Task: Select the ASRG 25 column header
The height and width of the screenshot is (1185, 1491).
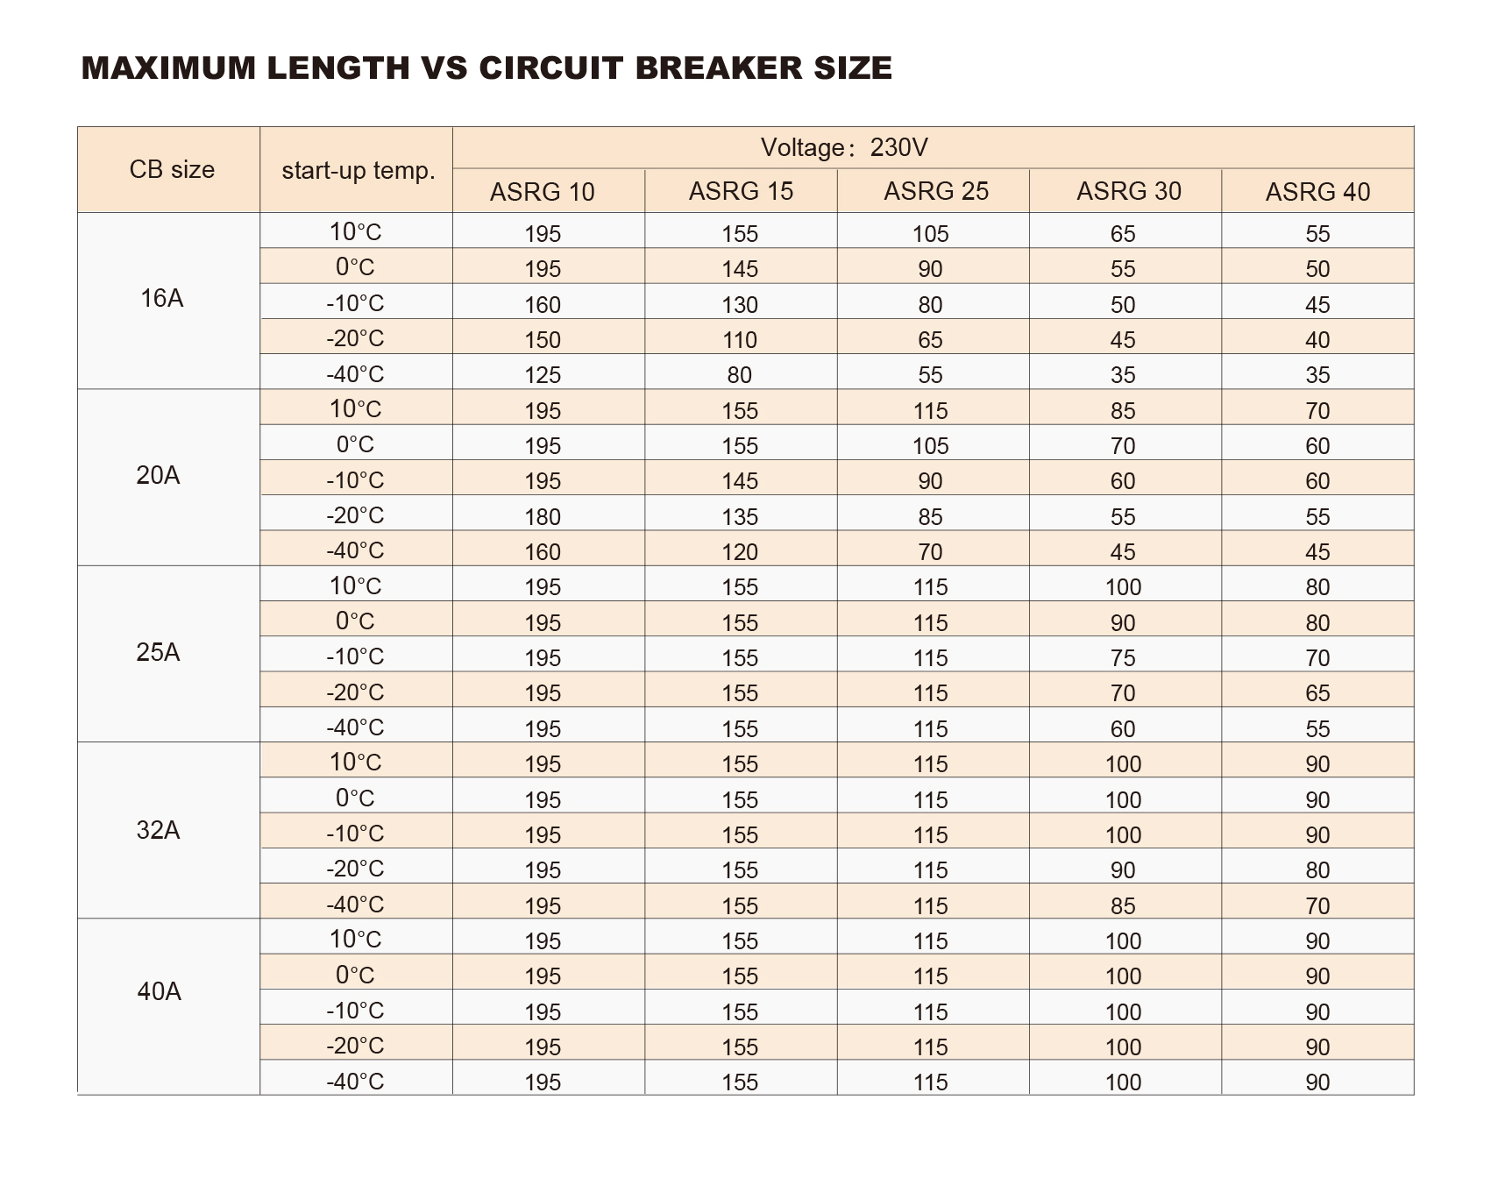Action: coord(936,191)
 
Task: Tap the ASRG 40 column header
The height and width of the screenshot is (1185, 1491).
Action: coord(1317,192)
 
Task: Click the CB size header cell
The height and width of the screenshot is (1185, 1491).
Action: coord(172,169)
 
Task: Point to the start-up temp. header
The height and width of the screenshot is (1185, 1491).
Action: coord(359,170)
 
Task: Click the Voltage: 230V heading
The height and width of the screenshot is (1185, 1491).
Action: coord(844,147)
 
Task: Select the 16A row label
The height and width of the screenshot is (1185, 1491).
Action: coord(162,299)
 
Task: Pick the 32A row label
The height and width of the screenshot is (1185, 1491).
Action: coord(159,829)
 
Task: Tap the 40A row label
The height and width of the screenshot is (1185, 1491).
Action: coord(160,991)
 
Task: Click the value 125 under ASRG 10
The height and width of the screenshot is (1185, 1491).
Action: coord(543,375)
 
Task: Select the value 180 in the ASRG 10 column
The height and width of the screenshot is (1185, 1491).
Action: coord(543,517)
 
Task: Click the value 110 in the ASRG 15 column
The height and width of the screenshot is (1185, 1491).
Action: coord(740,340)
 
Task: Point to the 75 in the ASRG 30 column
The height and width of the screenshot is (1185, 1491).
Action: coord(1123,658)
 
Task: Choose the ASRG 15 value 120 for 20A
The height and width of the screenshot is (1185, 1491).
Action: coord(740,552)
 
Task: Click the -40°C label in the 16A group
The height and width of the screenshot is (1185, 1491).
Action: coord(355,374)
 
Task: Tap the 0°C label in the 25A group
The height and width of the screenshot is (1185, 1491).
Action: coord(355,621)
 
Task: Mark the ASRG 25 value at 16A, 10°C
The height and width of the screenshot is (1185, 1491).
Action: coord(930,234)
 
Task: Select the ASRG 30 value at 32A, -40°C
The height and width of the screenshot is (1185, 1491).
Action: coord(1123,906)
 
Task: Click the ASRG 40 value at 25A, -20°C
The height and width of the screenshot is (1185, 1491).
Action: coord(1317,693)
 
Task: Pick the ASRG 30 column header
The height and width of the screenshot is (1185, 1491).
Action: coord(1129,191)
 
